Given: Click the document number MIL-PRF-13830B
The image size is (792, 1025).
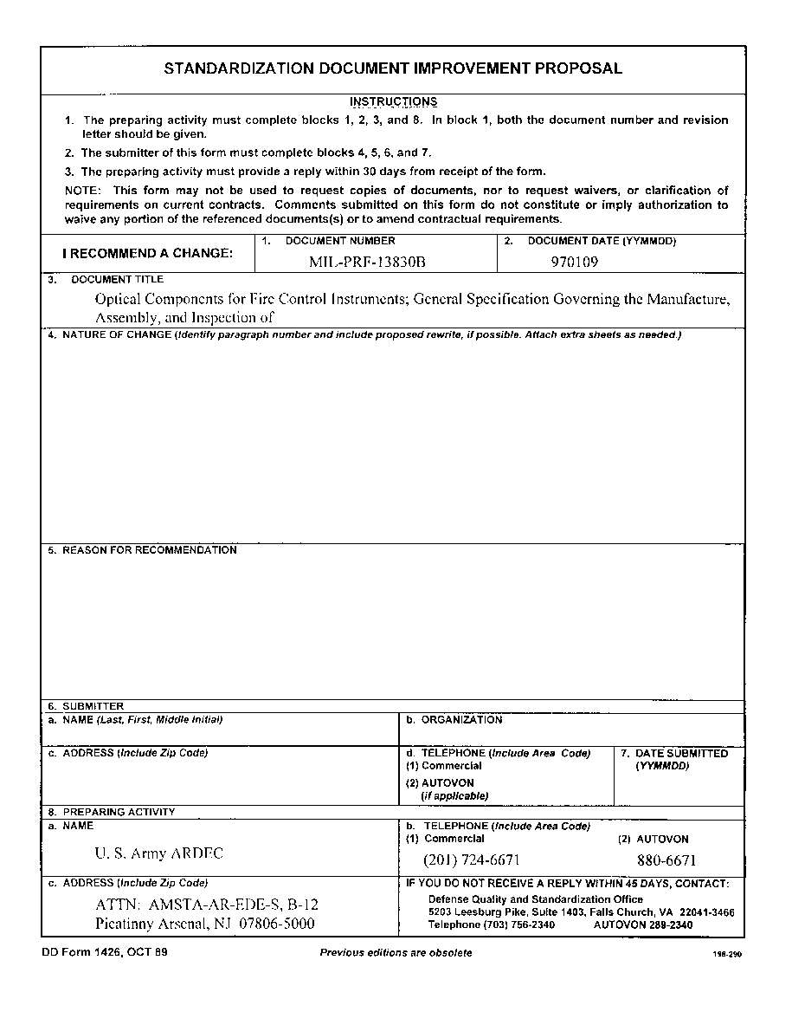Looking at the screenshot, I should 368,260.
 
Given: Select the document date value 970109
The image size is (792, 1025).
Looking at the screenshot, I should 575,260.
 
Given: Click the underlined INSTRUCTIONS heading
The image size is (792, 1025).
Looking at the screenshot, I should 394,102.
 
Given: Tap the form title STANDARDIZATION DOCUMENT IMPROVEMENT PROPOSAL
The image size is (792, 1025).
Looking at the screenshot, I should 393,68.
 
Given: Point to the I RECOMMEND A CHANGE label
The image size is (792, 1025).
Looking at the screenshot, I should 148,254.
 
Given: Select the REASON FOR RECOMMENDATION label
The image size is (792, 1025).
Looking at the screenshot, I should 149,550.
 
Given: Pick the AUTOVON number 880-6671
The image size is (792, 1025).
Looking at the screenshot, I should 666,860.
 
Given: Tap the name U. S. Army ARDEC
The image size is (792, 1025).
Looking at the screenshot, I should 158,853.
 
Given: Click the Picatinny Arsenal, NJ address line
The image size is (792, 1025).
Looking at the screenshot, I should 204,924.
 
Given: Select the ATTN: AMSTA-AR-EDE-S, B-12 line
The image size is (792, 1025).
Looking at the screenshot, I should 207,905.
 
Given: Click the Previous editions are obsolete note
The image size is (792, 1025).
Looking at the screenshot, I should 396,953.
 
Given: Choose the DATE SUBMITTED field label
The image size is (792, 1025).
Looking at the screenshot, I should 681,754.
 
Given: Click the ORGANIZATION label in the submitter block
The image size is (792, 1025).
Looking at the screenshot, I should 461,720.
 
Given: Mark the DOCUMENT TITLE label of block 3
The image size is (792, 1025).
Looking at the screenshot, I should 117,280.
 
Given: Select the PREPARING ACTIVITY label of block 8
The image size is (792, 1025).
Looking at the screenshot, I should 119,813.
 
